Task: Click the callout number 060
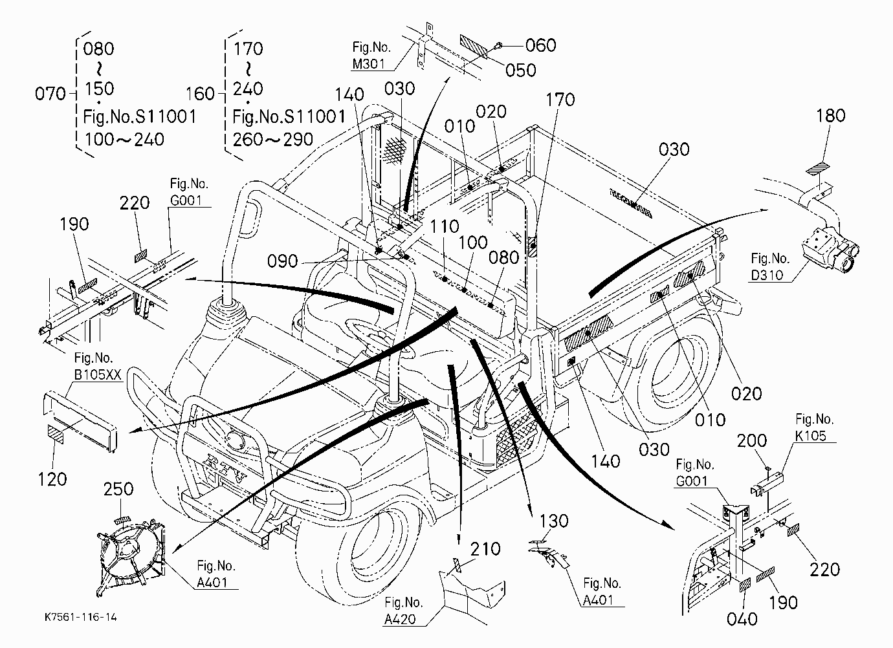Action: tap(540, 45)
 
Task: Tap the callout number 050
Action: tap(521, 70)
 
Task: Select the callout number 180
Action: tap(831, 116)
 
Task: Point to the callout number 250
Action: tap(118, 489)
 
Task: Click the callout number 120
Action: tap(52, 479)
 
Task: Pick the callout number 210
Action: tap(485, 549)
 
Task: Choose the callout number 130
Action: tap(554, 521)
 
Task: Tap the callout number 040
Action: tap(742, 619)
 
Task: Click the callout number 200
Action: tap(752, 441)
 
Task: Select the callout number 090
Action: tap(283, 261)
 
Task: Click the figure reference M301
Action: tap(368, 64)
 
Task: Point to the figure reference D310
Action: tap(767, 275)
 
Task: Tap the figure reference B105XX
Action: tap(98, 374)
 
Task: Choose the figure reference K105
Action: tap(811, 436)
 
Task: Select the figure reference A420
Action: tap(400, 619)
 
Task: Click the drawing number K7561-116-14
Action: tap(81, 618)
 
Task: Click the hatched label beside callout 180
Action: tap(818, 169)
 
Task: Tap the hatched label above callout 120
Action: tap(56, 434)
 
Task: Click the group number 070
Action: tap(50, 94)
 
